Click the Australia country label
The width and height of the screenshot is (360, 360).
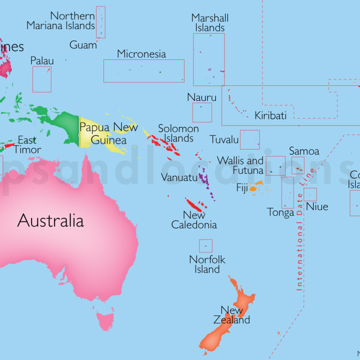point(50,221)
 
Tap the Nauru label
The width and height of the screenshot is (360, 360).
point(202,98)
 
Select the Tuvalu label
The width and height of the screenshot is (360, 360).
point(224,140)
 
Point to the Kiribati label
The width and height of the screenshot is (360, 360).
point(270,116)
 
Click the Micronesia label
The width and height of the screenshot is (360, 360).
point(141,54)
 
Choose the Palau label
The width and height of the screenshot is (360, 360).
point(42,61)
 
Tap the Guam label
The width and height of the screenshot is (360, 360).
point(83,45)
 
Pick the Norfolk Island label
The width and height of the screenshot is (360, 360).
point(207,265)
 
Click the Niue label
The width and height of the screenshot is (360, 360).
point(317,207)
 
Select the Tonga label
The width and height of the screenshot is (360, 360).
point(280,212)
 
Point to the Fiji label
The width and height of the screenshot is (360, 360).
point(242,188)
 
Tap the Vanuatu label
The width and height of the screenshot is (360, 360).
point(179,178)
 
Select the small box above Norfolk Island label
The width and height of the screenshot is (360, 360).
point(206,246)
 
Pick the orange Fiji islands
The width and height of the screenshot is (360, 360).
point(254,188)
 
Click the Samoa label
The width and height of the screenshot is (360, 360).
point(304,151)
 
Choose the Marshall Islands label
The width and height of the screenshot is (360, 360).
point(210,23)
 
